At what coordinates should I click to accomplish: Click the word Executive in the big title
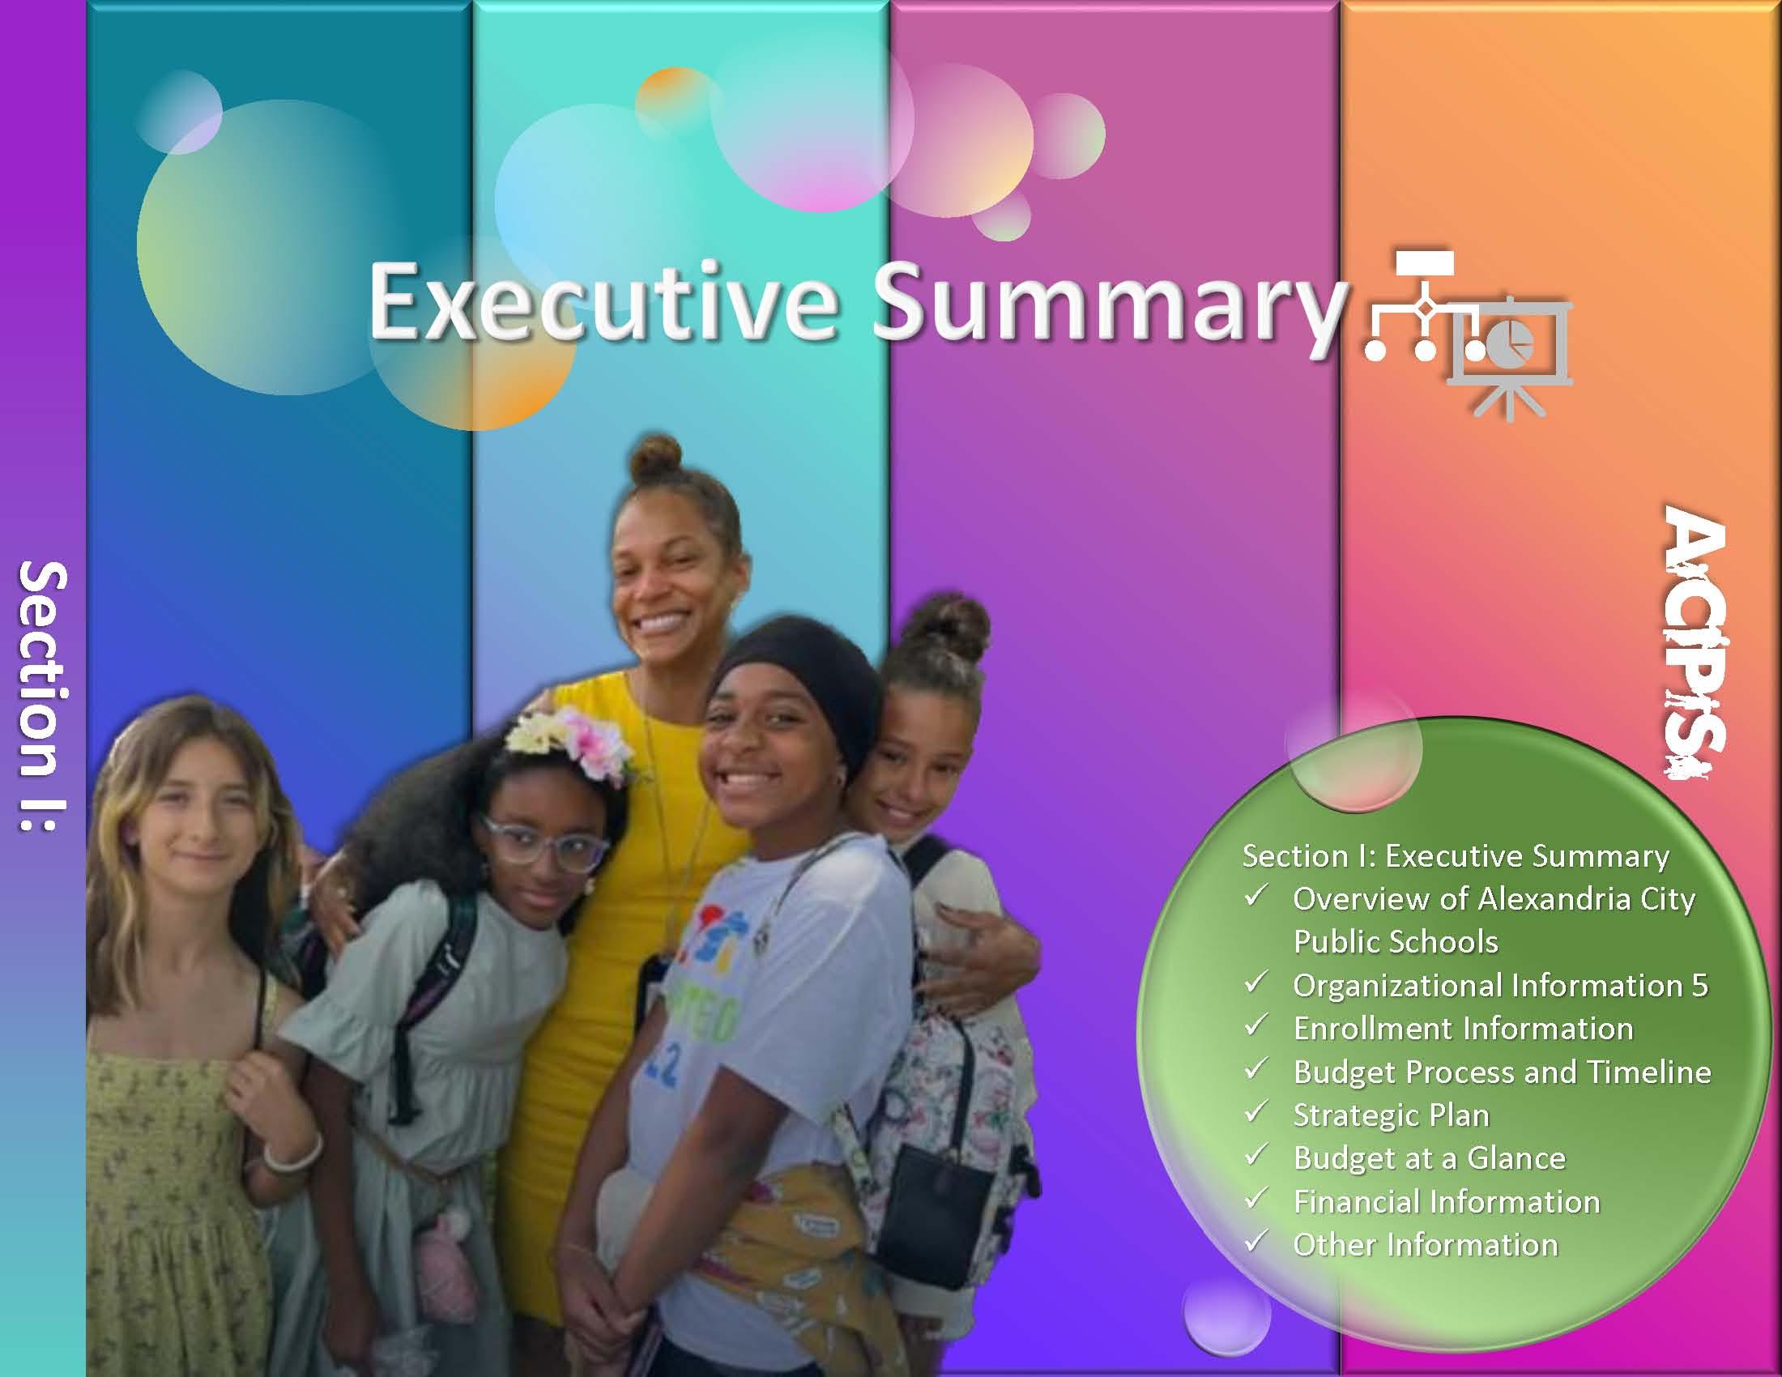pyautogui.click(x=603, y=302)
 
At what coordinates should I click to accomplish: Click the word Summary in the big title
pyautogui.click(x=1108, y=306)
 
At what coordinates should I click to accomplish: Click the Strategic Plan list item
pyautogui.click(x=1391, y=1115)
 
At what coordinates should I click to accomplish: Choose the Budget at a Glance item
pyautogui.click(x=1430, y=1158)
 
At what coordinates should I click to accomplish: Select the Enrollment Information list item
pyautogui.click(x=1463, y=1029)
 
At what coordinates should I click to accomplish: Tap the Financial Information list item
pyautogui.click(x=1447, y=1201)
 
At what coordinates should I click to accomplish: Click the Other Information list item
pyautogui.click(x=1426, y=1245)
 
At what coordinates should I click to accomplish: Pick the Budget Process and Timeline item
pyautogui.click(x=1502, y=1072)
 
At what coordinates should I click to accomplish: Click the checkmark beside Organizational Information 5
pyautogui.click(x=1255, y=983)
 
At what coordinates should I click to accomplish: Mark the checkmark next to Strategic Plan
pyautogui.click(x=1255, y=1112)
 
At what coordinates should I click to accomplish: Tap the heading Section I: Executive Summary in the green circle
pyautogui.click(x=1456, y=855)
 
